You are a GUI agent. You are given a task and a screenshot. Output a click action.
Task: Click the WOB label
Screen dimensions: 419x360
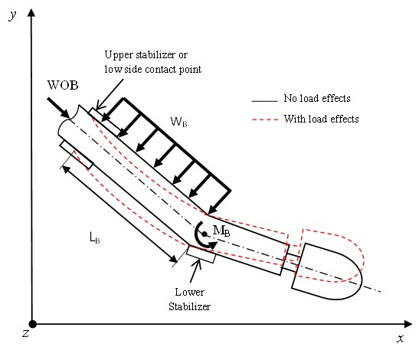click(x=63, y=85)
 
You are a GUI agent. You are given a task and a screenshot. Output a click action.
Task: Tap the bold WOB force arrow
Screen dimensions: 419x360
click(x=58, y=108)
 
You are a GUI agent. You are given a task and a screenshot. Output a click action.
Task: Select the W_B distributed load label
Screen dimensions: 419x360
click(x=178, y=122)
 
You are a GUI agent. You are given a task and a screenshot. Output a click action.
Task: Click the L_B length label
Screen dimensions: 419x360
click(x=95, y=237)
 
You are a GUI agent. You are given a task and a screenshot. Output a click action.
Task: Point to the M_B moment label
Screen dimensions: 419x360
click(x=221, y=231)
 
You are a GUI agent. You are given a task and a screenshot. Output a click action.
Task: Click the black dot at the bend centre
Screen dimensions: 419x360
click(x=205, y=234)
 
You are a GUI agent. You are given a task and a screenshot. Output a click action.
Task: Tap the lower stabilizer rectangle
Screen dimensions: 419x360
click(x=201, y=254)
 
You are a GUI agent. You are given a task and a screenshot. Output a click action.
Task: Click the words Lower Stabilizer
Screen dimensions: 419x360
click(x=189, y=299)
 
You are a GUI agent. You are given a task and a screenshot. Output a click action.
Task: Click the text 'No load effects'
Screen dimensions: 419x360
click(x=317, y=98)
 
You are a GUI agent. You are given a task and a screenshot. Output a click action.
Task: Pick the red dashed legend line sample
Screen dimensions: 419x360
click(x=265, y=119)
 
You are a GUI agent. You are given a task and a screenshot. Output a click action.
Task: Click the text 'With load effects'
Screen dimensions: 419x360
click(x=321, y=119)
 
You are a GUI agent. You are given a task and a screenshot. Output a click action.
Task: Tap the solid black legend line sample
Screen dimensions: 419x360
click(x=264, y=101)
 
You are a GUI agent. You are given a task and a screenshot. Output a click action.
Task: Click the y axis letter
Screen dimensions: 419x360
click(x=12, y=15)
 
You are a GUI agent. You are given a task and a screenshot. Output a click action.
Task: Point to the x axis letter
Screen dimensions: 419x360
click(x=400, y=339)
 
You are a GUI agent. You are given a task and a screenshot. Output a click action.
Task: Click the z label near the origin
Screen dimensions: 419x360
click(x=25, y=333)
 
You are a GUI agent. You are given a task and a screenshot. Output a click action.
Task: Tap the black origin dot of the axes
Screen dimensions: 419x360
click(x=32, y=324)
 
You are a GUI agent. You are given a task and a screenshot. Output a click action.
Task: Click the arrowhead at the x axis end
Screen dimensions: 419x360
click(x=408, y=324)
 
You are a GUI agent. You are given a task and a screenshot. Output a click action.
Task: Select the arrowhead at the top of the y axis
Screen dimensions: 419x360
click(x=31, y=13)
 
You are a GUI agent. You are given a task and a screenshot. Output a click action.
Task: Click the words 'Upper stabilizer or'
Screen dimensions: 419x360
click(x=146, y=55)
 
